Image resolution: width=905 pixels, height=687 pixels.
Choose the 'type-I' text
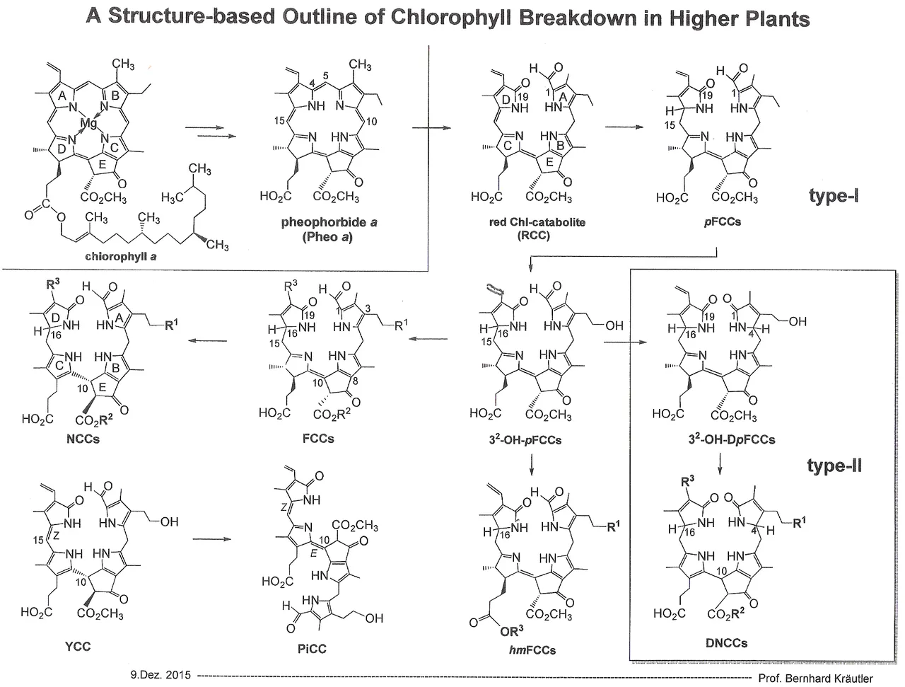tap(834, 196)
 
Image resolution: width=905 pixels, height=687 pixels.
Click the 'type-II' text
tap(834, 466)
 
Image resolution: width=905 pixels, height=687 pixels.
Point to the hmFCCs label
tap(532, 650)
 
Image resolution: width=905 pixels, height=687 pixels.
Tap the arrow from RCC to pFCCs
tap(625, 127)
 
